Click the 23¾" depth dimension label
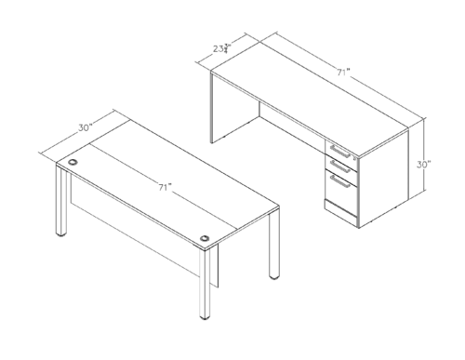[x=219, y=48]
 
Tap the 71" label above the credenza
[x=344, y=71]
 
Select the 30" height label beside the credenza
[x=423, y=164]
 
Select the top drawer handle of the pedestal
[x=340, y=151]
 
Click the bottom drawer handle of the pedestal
[x=341, y=183]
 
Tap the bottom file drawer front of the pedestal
[x=340, y=192]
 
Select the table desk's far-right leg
[x=274, y=251]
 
